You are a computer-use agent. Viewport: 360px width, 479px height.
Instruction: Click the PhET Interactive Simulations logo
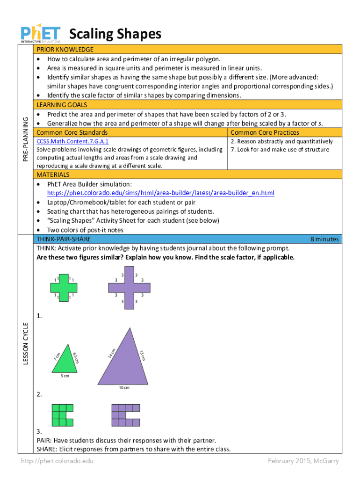[40, 34]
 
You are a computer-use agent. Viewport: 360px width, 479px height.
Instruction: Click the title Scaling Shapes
[115, 34]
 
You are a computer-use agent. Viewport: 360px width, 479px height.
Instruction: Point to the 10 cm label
[123, 388]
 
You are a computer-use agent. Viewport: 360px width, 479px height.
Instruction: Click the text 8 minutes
[324, 239]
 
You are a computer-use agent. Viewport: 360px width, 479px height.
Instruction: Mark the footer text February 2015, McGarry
[303, 461]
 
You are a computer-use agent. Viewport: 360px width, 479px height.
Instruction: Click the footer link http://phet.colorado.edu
[57, 461]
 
